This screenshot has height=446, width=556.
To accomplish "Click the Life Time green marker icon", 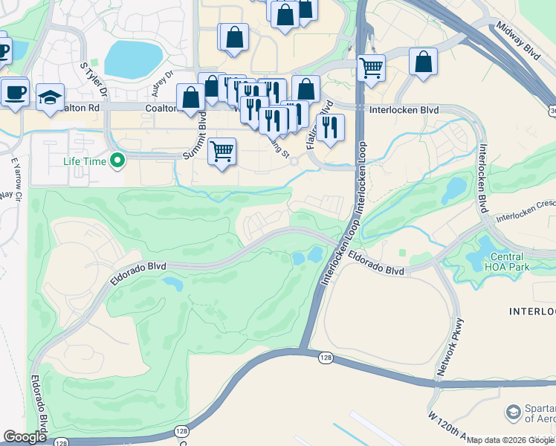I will pos(117,160).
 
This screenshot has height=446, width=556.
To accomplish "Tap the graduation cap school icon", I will pos(51,98).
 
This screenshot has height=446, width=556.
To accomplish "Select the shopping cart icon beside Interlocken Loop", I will pos(371,68).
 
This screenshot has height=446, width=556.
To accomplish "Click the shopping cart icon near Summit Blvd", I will pos(222,152).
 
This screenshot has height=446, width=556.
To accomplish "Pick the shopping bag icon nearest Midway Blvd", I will pos(424,62).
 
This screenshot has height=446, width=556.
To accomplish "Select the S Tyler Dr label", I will pos(94,81).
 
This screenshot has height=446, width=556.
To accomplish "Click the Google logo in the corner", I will pos(25,437).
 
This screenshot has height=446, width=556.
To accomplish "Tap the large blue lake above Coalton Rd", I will pos(133,59).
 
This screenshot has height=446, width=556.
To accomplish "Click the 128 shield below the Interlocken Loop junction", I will pos(329,358).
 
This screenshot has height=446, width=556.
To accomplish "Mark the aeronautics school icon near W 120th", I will pos(513,412).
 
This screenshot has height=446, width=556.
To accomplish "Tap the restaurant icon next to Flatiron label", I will pos(330,127).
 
